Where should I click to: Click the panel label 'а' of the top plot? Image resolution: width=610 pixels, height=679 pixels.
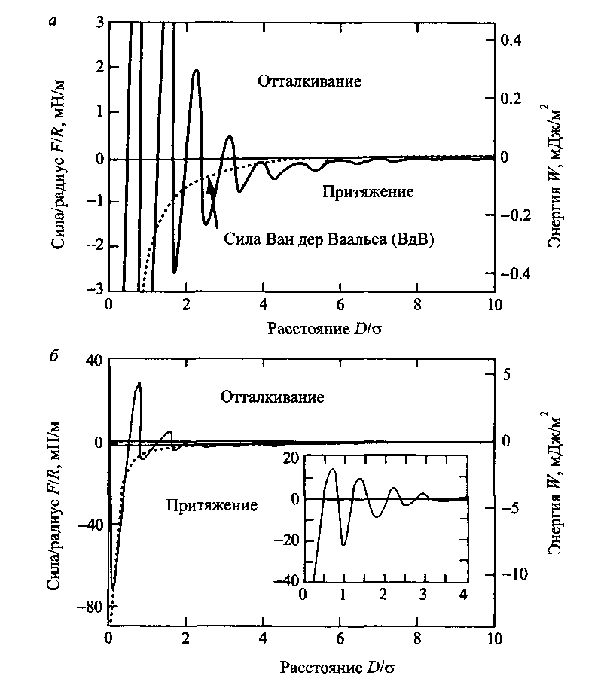coord(51,21)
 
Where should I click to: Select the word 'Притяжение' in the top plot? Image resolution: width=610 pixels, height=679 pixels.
coord(368,192)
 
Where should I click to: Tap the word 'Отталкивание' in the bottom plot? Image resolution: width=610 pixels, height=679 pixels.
coord(273,397)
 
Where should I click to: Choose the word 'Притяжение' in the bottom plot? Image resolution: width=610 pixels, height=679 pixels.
coord(211,504)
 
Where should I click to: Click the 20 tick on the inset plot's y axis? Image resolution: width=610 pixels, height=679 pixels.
coord(290,457)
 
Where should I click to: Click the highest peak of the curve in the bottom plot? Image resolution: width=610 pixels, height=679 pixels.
coord(139,383)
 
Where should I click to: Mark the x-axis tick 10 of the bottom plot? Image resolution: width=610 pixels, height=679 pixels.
coord(493,639)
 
